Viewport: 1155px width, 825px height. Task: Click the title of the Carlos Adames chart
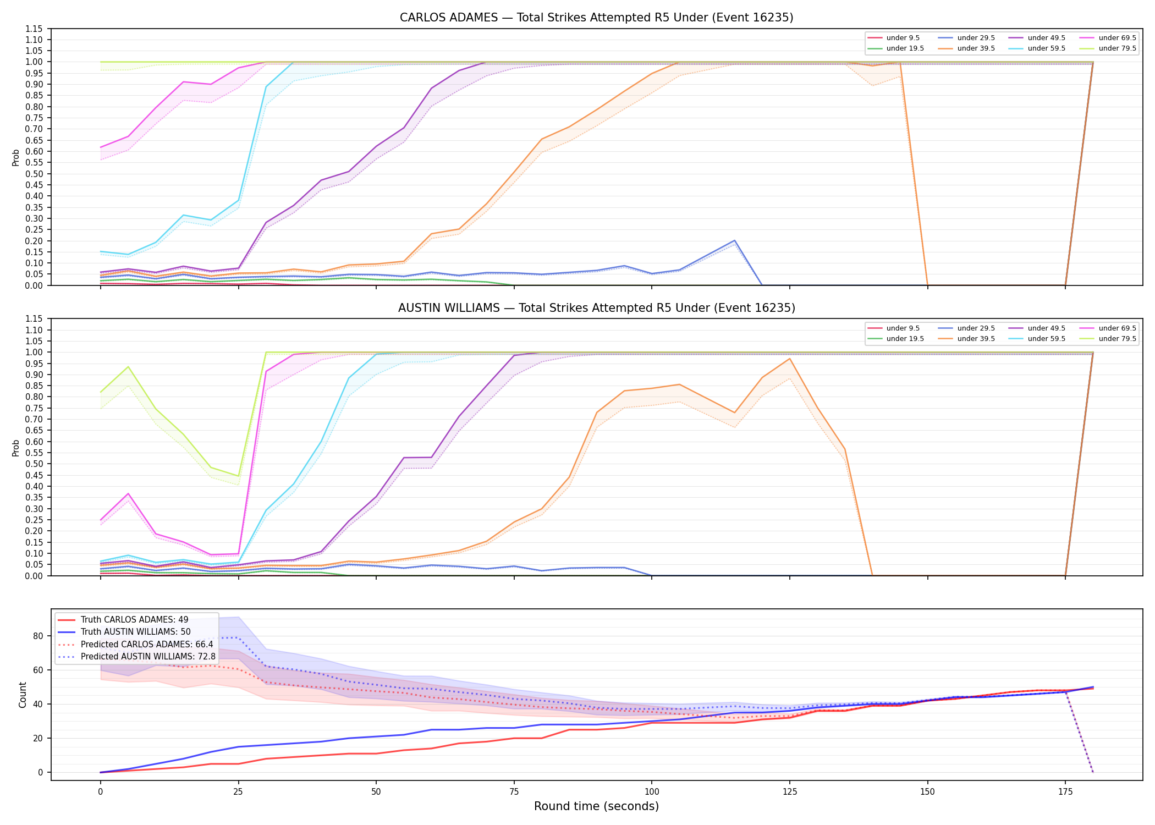click(596, 18)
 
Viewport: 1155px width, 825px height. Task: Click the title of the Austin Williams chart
click(596, 308)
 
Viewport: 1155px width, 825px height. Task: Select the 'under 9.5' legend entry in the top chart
click(893, 38)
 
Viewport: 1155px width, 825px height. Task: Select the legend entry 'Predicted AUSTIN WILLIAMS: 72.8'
click(136, 656)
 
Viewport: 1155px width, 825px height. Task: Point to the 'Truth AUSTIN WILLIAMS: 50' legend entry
click(124, 632)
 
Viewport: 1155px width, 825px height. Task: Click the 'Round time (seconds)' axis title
click(596, 806)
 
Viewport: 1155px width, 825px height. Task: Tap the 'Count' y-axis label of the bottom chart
click(23, 695)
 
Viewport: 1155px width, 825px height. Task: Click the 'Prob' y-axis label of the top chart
click(16, 157)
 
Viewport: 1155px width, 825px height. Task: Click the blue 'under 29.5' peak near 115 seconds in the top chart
click(734, 240)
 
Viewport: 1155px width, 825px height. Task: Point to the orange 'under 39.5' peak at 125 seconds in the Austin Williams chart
click(790, 359)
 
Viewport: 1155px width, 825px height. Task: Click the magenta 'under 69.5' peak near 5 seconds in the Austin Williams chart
click(128, 493)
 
